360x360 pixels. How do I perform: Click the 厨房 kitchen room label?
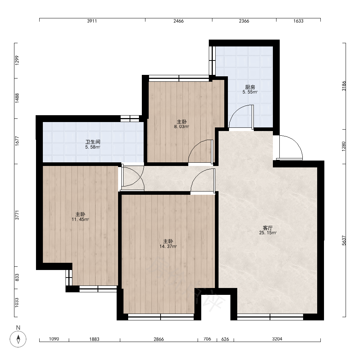coord(250,87)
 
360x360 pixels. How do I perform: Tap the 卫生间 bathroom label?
coord(93,142)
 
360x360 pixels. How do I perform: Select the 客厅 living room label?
coord(268,228)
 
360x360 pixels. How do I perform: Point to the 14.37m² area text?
coord(168,247)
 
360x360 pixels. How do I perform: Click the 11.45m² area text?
coord(80,220)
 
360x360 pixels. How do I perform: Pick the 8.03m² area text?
coord(181,126)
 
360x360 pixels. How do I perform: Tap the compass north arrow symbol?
coord(18,339)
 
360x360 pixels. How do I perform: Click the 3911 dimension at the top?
coord(92,21)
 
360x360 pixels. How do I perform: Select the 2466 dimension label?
coord(179,21)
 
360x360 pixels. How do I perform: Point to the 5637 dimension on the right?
coord(344,240)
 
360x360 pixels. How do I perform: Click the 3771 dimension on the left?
coord(17,215)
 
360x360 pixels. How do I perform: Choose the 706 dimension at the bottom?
coord(207,339)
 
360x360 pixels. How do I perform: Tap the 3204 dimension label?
coord(277,339)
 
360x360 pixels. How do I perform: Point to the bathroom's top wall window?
coord(130,118)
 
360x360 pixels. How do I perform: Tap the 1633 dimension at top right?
coord(298,21)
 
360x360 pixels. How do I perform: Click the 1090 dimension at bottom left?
coord(54,339)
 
